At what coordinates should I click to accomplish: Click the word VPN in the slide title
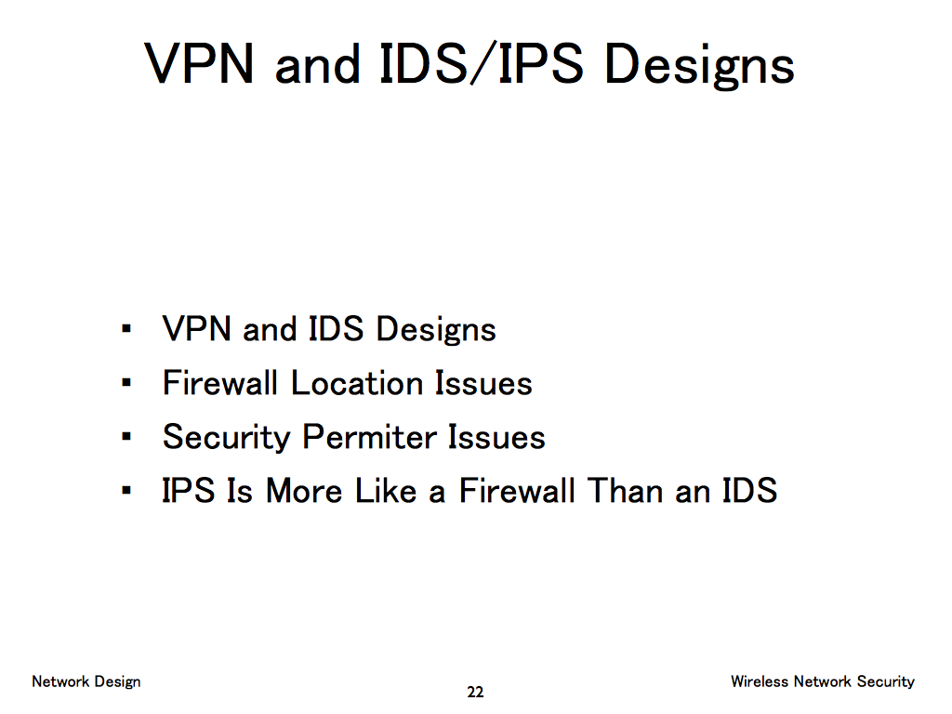pos(199,64)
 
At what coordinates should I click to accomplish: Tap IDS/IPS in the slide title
pos(481,64)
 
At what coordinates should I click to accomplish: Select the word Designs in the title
pos(699,67)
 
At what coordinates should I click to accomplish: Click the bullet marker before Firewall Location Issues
pos(126,382)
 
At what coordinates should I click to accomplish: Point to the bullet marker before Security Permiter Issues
pos(126,436)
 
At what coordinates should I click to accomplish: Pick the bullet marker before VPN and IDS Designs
pos(126,329)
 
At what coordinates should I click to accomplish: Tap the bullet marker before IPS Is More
pos(126,490)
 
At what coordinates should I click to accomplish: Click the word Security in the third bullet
pos(227,438)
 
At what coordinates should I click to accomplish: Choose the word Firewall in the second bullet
pos(219,383)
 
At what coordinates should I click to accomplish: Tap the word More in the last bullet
pos(304,491)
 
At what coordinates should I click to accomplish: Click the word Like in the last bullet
pos(386,491)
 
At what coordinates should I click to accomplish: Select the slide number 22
pos(475,692)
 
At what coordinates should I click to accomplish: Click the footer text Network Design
pos(86,681)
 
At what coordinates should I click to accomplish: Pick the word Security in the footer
pos(886,681)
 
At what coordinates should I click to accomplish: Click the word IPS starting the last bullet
pos(188,491)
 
